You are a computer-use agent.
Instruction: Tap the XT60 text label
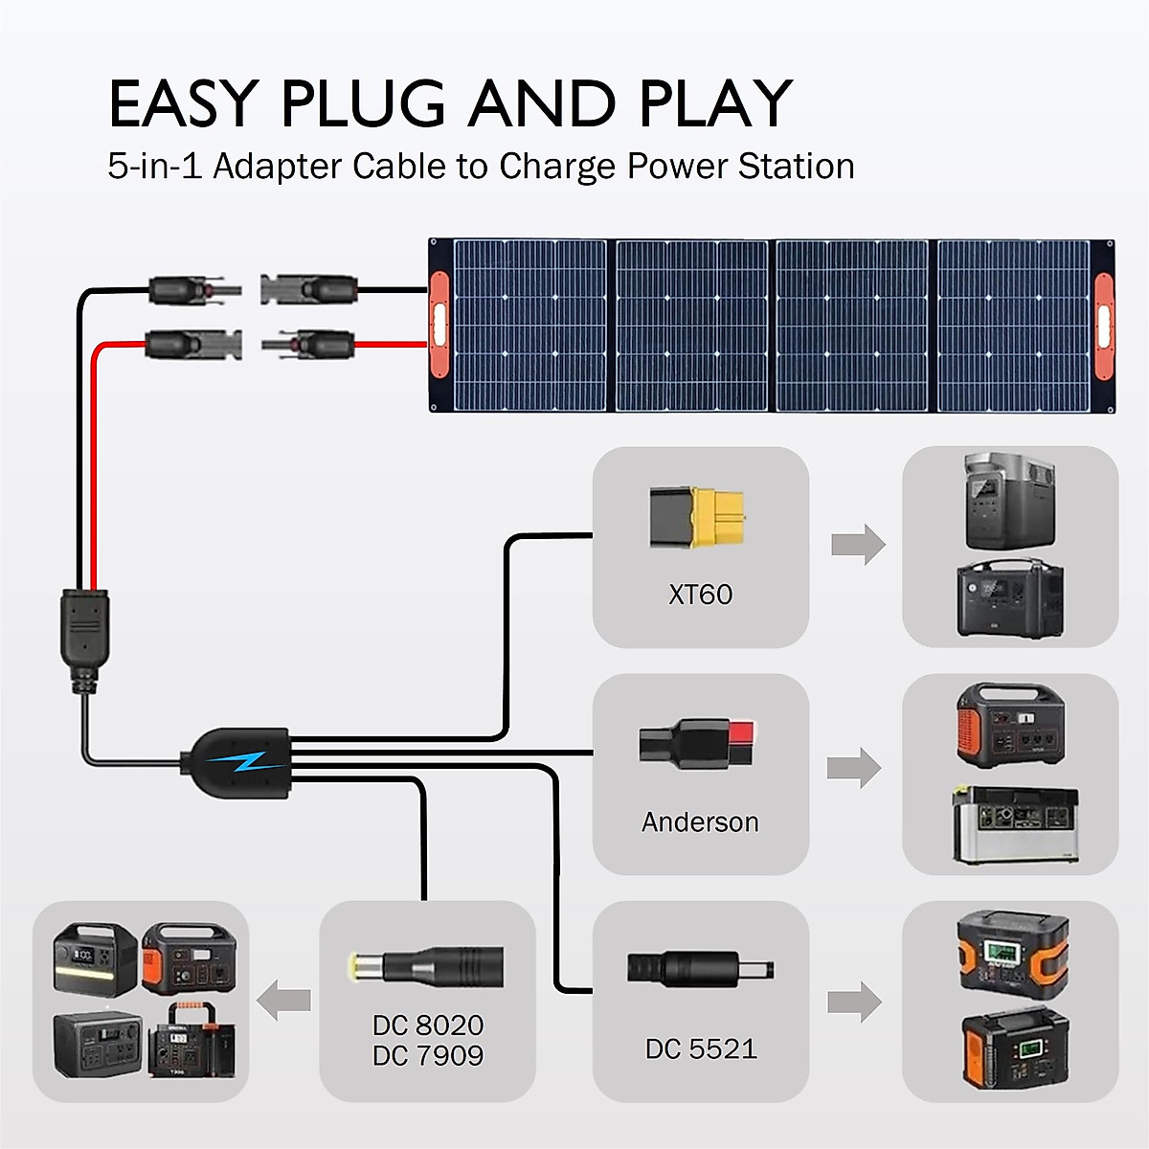701,595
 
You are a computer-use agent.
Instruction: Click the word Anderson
700,822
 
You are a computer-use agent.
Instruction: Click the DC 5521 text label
701,1049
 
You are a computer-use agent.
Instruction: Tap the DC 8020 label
428,1025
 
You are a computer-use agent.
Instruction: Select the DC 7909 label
428,1056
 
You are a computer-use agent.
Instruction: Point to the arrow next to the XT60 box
858,545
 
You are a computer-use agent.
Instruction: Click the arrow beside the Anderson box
854,768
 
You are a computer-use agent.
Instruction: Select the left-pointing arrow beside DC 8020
284,1001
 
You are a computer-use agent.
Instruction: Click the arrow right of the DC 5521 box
854,1003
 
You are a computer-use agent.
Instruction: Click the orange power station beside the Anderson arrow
1010,723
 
